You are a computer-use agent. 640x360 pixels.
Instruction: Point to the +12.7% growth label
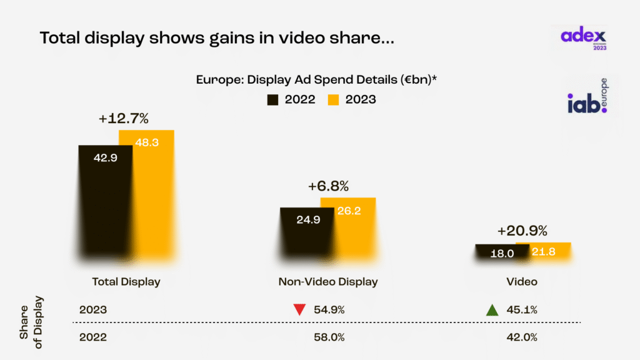click(x=123, y=119)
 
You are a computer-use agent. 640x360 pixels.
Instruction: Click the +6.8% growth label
click(x=328, y=186)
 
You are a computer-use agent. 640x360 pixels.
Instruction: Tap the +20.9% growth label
click(x=522, y=231)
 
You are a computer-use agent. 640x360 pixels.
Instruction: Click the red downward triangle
click(x=299, y=309)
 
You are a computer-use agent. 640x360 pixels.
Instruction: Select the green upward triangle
click(x=492, y=309)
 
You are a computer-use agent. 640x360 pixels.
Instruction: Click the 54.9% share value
click(x=328, y=310)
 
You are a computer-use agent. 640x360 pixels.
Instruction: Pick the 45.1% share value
click(x=522, y=310)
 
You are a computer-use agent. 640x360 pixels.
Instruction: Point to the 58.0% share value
click(x=328, y=337)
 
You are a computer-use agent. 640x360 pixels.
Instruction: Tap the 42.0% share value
click(x=522, y=337)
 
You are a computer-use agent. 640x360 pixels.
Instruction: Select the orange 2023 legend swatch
click(x=334, y=99)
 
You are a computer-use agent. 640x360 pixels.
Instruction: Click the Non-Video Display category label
click(x=328, y=282)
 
